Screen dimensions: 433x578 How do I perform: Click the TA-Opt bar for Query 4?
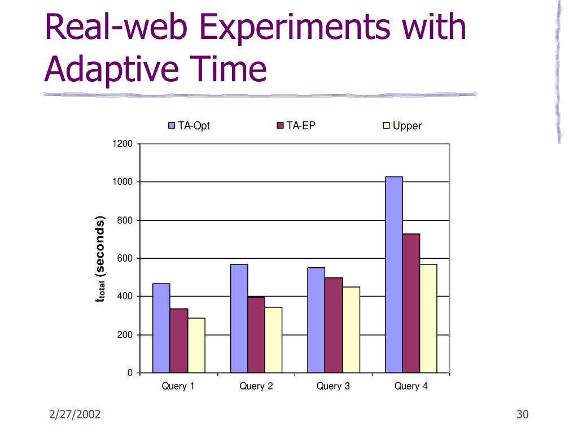393,275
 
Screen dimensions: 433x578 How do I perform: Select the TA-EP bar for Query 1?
179,341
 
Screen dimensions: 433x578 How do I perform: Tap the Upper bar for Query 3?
351,330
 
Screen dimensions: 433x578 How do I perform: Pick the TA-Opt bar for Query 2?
239,319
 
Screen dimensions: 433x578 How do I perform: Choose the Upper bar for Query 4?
428,319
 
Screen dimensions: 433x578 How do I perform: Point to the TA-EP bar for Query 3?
334,325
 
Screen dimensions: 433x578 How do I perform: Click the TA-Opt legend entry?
190,126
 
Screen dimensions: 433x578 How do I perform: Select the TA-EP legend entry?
296,126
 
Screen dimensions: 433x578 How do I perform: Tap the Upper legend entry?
402,126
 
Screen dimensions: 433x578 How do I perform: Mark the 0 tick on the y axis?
130,373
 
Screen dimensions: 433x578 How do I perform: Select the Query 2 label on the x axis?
256,386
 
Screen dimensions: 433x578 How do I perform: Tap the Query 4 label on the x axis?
410,386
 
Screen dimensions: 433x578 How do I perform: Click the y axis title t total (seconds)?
100,259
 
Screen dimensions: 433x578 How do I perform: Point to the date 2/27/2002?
75,415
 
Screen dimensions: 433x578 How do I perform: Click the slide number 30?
522,415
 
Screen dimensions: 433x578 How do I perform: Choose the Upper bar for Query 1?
196,346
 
